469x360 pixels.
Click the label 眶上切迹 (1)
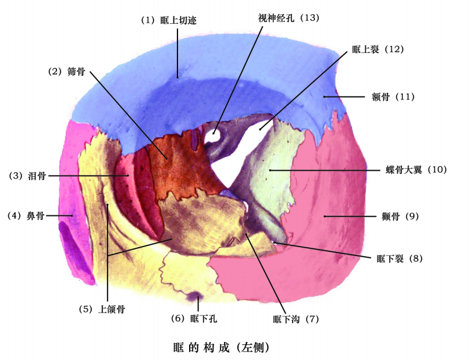(169, 20)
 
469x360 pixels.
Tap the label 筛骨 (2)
(67, 72)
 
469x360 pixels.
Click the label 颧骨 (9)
(397, 216)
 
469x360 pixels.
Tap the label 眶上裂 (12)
(378, 49)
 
